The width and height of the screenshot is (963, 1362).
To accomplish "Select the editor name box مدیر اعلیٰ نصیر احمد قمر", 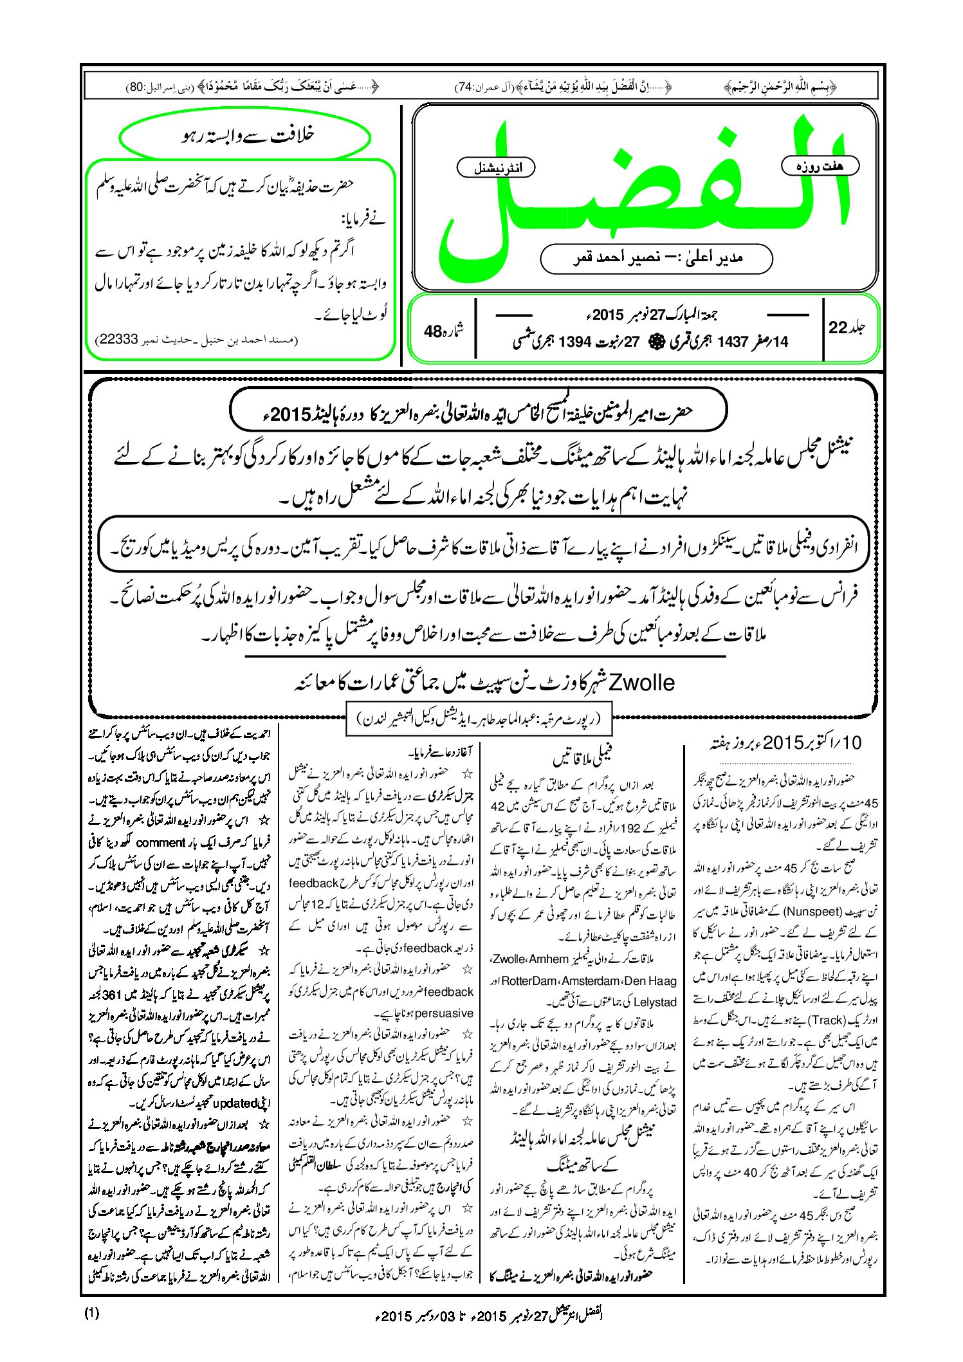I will click(x=656, y=258).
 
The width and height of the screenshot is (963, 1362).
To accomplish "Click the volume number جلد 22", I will click(x=847, y=327).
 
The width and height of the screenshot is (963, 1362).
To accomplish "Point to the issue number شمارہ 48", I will click(x=443, y=331).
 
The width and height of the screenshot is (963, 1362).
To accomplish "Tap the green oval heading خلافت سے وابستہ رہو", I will click(x=245, y=136).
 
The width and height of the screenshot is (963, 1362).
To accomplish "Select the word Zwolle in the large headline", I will click(x=641, y=682).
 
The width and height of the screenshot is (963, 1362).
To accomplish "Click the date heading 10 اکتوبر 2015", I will click(x=784, y=742).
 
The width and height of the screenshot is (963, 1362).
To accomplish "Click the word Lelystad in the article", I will click(x=654, y=1002).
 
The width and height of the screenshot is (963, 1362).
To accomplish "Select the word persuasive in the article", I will click(x=444, y=1013).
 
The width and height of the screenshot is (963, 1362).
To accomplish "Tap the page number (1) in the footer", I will click(x=92, y=1313).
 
